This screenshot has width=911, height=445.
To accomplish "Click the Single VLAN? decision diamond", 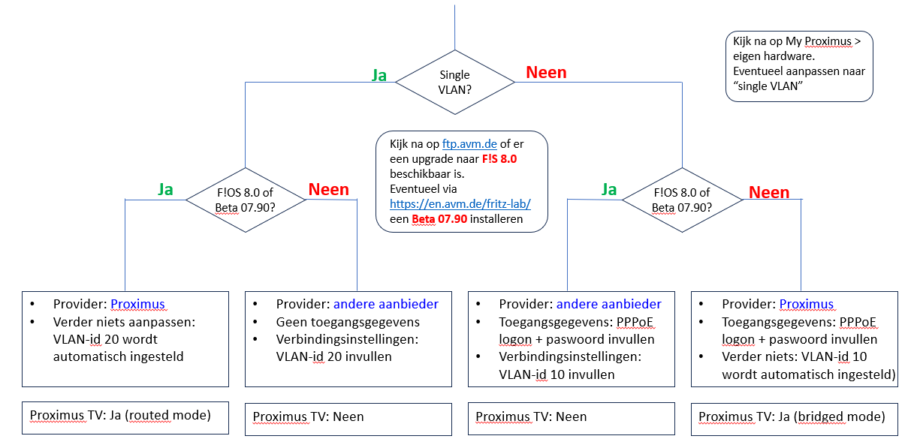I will point(454,81).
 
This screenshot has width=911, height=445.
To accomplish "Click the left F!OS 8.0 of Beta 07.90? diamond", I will point(245,200).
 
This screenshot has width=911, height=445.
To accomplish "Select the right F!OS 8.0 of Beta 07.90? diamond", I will point(683,200).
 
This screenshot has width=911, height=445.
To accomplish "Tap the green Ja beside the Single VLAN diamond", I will point(379,75).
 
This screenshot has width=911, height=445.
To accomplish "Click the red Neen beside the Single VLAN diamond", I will point(546,73).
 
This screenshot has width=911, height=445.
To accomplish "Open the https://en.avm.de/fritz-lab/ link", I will point(460,204).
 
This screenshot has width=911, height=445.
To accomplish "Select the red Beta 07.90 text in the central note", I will point(439,219).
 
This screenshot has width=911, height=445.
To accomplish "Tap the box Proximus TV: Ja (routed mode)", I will point(125,416).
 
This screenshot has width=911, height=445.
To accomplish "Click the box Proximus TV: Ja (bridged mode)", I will point(794,416).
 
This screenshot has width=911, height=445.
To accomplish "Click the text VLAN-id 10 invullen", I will point(557,374).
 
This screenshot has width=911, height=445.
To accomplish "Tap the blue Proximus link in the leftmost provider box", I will point(138,305).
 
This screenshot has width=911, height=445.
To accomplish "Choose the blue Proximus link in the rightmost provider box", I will point(807,305).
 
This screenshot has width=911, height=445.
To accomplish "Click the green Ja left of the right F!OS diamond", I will point(609,190).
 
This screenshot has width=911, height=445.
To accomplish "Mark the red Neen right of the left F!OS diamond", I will point(328,189).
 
